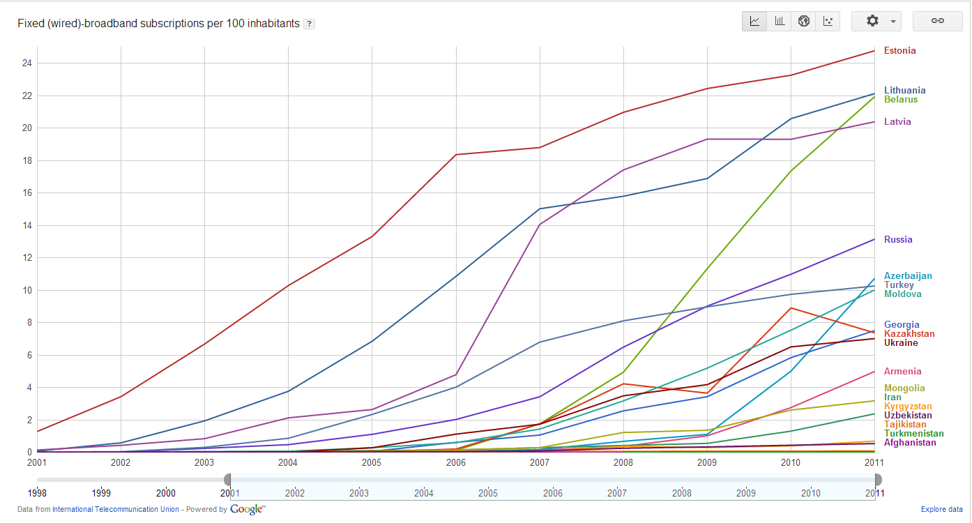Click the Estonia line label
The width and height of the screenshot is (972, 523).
click(x=899, y=51)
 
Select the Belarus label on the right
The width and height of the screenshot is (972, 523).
click(x=900, y=100)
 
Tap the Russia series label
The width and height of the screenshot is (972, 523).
click(x=897, y=240)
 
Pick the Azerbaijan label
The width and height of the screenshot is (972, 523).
click(x=907, y=276)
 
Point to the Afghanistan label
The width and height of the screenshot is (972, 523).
click(x=909, y=443)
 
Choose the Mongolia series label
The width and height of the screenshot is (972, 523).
click(x=904, y=388)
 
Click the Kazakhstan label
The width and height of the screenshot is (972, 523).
click(x=909, y=334)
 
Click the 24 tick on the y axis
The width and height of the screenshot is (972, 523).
click(x=26, y=63)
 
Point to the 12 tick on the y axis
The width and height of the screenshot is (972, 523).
click(x=26, y=258)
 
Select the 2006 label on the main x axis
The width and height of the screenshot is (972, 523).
click(x=455, y=462)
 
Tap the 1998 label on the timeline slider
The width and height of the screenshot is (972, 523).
click(x=38, y=493)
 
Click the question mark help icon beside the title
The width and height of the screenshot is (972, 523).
click(x=310, y=24)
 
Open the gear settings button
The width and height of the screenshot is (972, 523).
click(x=876, y=21)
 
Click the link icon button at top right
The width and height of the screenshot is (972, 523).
click(x=937, y=21)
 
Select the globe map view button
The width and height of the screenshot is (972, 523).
click(x=803, y=21)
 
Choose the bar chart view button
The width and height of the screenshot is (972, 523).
click(x=779, y=21)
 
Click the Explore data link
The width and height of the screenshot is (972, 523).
click(x=941, y=510)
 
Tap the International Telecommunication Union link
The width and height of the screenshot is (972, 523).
click(x=115, y=510)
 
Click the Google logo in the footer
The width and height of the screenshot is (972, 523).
click(x=247, y=510)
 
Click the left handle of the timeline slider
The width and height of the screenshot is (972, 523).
click(x=227, y=480)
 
